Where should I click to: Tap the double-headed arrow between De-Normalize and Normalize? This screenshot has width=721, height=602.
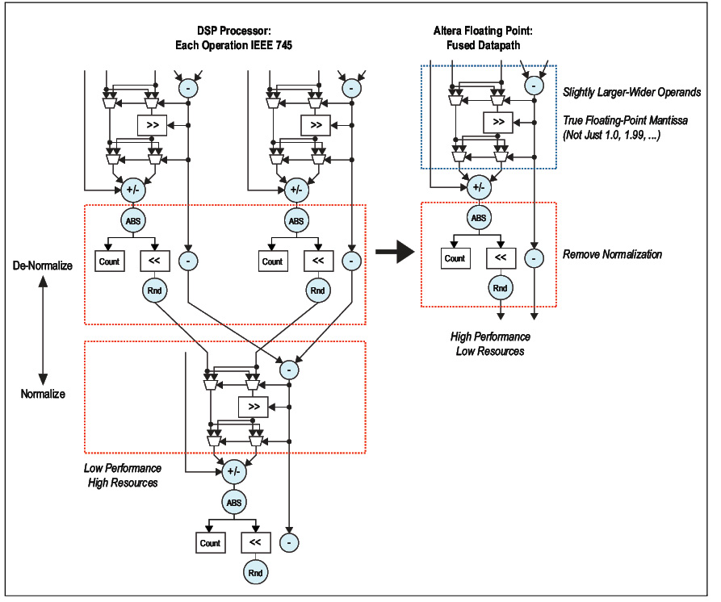[x=44, y=328]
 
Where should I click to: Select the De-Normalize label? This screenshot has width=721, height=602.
[x=43, y=265]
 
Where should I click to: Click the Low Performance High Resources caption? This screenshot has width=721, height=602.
[x=124, y=475]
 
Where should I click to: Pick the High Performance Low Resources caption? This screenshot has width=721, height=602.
[x=490, y=344]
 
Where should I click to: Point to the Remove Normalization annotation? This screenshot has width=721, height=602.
[x=612, y=254]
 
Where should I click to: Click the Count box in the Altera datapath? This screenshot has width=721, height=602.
[x=455, y=258]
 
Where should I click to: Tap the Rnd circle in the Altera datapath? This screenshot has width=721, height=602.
[x=500, y=288]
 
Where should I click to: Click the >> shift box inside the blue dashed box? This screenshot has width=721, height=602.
[x=498, y=122]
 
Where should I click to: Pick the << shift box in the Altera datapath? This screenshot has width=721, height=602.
[x=500, y=258]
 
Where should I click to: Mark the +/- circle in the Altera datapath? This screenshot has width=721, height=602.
[x=479, y=187]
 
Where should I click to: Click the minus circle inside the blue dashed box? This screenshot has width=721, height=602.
[x=532, y=85]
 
